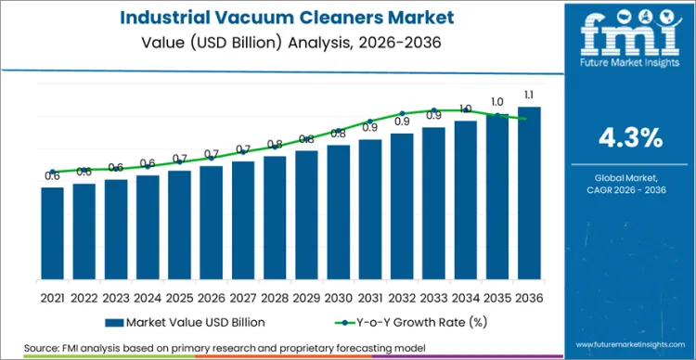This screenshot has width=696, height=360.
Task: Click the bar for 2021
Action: (x=53, y=240)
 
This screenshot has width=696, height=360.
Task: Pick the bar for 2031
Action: (x=370, y=216)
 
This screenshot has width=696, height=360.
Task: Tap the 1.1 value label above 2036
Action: (x=529, y=96)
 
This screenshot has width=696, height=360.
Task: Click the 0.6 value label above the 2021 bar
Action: (x=53, y=175)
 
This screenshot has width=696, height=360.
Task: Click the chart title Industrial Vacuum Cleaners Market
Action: (x=277, y=18)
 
